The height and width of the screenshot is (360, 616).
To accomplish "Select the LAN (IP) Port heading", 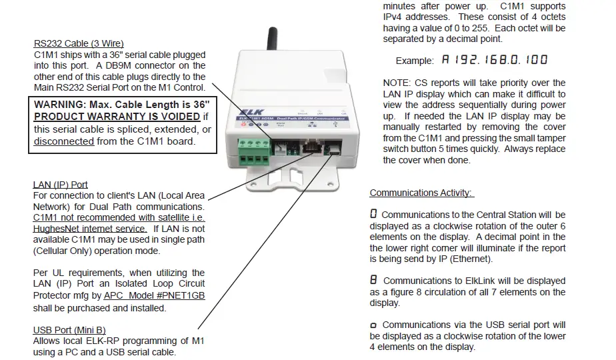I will click(x=60, y=185).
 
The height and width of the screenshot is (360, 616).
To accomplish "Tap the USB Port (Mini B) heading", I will click(x=69, y=330).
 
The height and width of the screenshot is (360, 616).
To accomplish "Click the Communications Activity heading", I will click(x=421, y=193).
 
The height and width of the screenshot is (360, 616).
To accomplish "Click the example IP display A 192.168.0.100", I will click(x=494, y=60).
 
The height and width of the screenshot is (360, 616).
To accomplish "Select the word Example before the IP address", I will click(x=414, y=61).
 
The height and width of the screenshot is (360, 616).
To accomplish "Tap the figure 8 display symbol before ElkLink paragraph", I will click(x=374, y=281).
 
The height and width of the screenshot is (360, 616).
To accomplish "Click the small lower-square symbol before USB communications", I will click(x=374, y=325).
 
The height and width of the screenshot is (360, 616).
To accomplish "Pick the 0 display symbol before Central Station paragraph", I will click(x=373, y=215).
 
